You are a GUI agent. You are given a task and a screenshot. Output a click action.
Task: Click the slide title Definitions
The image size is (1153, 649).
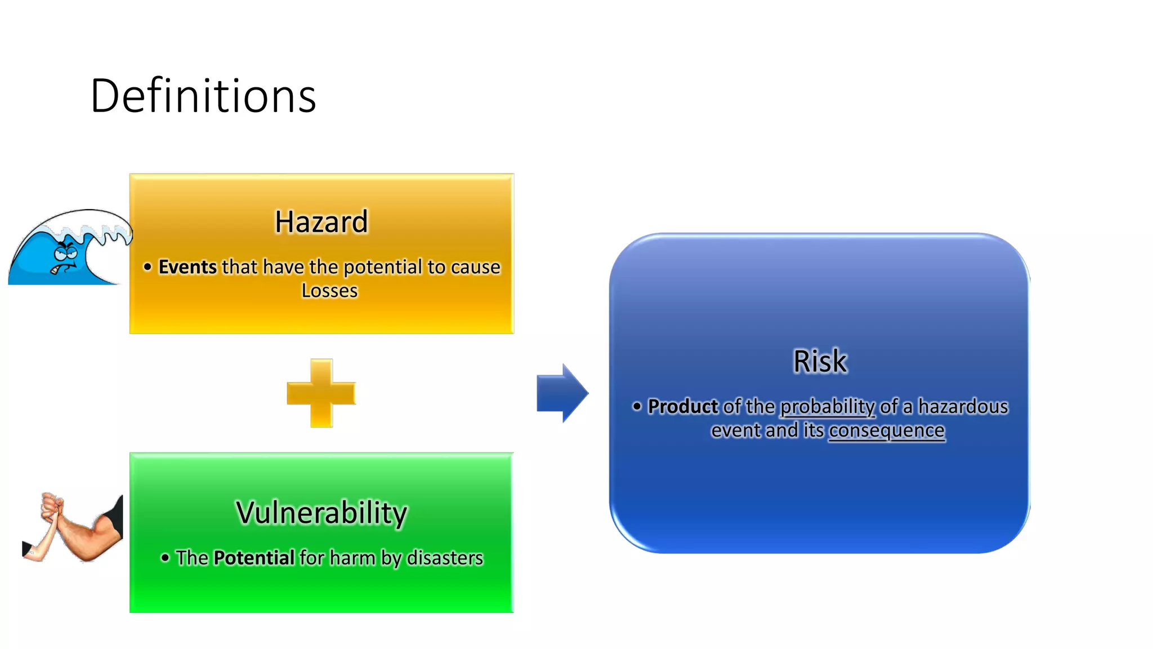203,96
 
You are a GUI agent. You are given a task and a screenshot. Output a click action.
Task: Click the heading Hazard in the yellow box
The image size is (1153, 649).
321,221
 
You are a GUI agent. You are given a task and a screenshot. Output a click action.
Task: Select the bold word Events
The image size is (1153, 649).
187,267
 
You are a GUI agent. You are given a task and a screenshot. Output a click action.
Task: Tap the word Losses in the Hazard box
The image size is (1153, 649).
329,291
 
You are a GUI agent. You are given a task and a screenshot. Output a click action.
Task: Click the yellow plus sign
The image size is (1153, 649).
321,393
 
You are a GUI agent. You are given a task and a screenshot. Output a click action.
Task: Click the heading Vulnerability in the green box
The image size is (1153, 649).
321,513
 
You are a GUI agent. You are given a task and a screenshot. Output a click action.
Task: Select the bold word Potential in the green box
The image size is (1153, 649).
254,558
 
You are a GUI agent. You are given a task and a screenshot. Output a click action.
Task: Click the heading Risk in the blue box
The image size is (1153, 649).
820,361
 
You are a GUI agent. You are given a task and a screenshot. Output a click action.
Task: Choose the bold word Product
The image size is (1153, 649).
683,406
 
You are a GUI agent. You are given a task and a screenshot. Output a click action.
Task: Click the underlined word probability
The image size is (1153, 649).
827,406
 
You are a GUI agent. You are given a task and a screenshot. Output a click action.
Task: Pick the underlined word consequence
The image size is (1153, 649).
886,430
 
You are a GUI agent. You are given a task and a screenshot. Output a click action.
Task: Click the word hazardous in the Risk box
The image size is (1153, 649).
963,406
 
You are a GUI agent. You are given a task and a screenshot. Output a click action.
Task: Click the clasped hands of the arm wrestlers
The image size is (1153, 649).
51,507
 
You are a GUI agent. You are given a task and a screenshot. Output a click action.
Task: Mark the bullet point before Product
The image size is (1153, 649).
637,406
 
